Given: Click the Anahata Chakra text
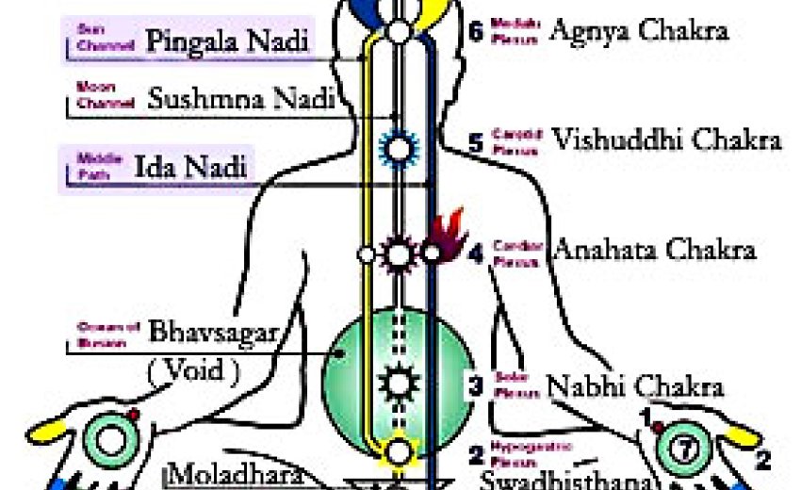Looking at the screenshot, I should [653, 251].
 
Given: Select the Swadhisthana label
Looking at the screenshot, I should [564, 479].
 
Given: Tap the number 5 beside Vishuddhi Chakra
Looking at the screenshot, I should [476, 143].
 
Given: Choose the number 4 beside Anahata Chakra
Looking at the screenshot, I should [476, 253].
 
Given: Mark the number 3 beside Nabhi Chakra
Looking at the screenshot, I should [476, 384].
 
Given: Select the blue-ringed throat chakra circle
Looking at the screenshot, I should [397, 147].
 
